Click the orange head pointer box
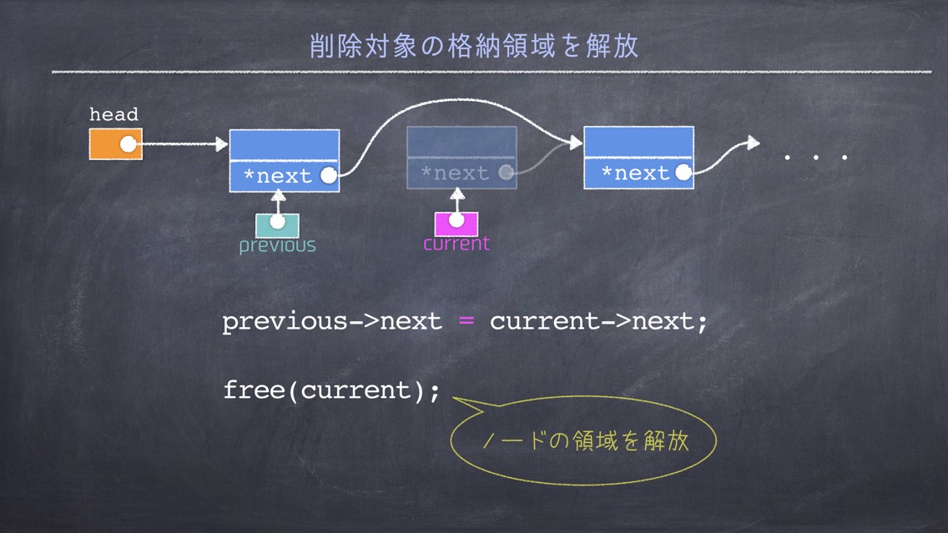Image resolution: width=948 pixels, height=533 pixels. [116, 143]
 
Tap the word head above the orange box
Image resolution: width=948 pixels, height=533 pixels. [113, 114]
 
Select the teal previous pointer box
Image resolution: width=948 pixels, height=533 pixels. [278, 225]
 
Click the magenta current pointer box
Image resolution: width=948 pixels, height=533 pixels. [456, 224]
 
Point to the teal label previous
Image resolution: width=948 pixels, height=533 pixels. [278, 245]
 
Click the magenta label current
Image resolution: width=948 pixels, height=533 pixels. [456, 244]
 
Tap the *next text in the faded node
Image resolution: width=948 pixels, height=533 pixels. [455, 173]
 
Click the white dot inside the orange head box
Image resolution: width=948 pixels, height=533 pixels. [129, 143]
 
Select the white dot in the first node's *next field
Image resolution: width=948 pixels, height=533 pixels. [329, 175]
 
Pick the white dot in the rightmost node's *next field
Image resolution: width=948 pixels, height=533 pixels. [683, 172]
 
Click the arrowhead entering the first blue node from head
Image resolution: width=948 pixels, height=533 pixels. [222, 143]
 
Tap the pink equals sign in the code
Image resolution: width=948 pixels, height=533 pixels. [466, 321]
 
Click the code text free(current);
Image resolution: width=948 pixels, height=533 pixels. [332, 390]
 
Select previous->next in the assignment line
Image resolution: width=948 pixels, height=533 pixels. [332, 321]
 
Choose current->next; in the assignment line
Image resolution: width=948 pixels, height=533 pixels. [598, 321]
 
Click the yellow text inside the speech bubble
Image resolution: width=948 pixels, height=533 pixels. [586, 440]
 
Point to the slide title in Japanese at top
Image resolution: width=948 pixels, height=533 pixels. [474, 46]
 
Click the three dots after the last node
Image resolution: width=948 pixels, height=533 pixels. [815, 158]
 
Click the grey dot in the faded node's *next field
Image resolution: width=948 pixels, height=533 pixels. [507, 173]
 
